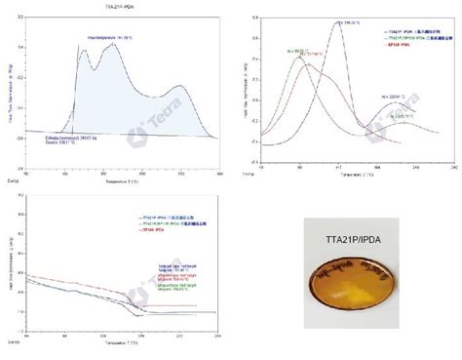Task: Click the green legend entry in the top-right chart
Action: click(410, 39)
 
